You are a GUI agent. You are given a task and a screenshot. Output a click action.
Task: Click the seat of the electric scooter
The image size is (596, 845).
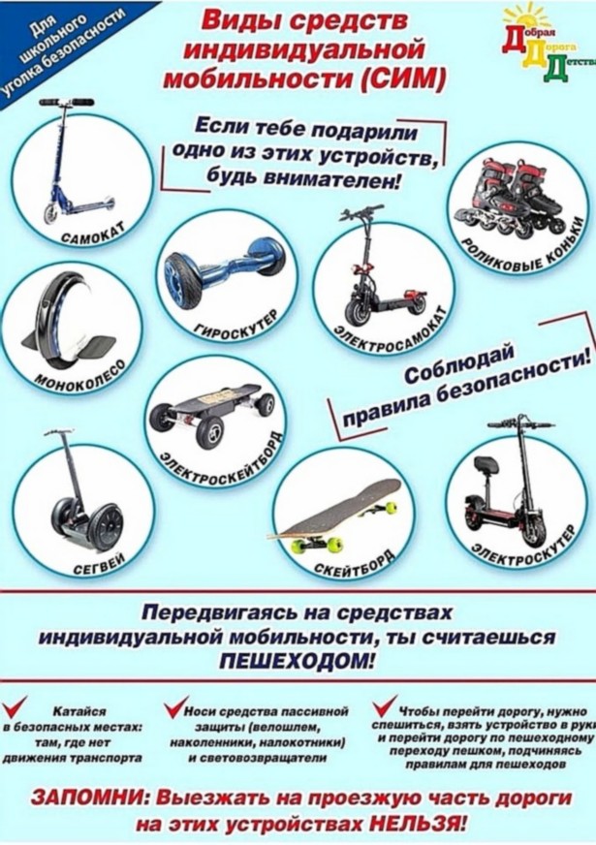coord(485,464)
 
